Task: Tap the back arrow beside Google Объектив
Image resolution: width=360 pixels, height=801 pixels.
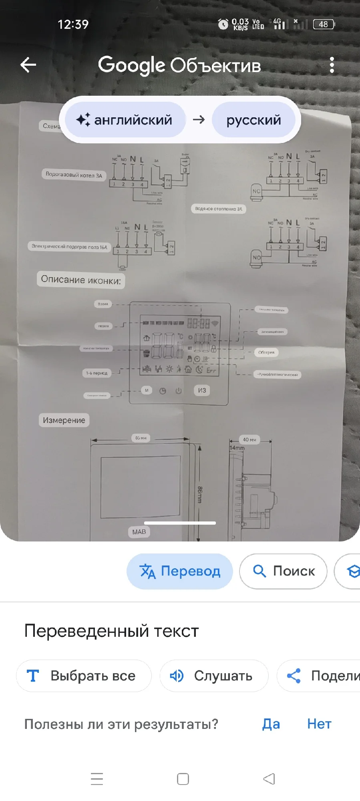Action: click(x=28, y=65)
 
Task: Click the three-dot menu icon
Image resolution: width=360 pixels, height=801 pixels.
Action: click(x=332, y=65)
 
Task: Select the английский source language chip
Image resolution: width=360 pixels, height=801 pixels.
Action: click(x=125, y=120)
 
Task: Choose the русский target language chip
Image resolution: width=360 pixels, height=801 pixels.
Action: click(x=253, y=120)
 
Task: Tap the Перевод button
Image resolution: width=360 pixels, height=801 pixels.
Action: click(x=180, y=571)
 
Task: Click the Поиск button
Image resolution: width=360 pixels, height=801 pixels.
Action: click(x=283, y=571)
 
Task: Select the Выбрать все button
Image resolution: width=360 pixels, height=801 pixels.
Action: click(x=84, y=676)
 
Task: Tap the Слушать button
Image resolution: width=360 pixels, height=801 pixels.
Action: click(x=214, y=676)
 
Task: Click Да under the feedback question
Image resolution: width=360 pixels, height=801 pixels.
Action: click(x=271, y=724)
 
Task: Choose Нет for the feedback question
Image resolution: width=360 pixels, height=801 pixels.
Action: click(x=319, y=724)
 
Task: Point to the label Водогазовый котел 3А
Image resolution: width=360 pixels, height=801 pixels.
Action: click(x=74, y=175)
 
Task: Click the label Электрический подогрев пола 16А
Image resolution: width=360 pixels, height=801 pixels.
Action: click(x=69, y=246)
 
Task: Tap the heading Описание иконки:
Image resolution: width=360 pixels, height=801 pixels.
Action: click(x=81, y=280)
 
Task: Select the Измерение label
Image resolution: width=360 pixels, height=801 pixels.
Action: click(x=64, y=420)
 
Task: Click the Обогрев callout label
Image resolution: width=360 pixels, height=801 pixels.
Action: click(x=266, y=352)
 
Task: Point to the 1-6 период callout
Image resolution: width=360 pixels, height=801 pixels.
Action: click(x=97, y=373)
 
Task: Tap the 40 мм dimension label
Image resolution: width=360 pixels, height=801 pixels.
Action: click(x=249, y=439)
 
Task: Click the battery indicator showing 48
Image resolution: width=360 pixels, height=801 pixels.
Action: click(x=324, y=24)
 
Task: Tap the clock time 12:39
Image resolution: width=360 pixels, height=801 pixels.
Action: click(x=73, y=24)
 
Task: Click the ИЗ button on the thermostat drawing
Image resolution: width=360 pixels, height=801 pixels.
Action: click(x=202, y=390)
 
